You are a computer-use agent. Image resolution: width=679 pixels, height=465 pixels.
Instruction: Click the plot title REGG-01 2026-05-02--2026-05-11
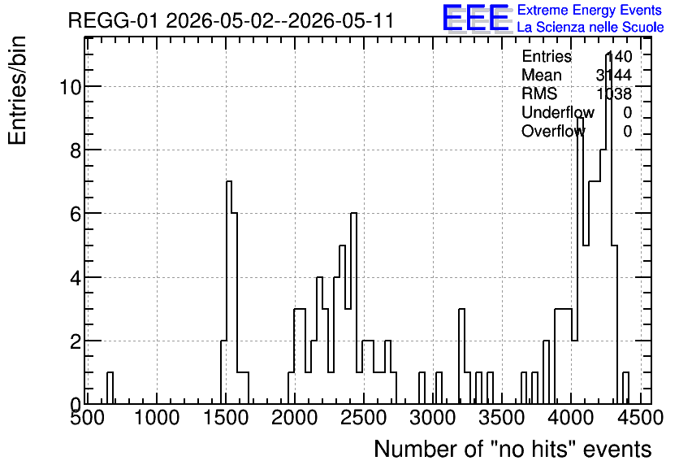pyautogui.click(x=231, y=20)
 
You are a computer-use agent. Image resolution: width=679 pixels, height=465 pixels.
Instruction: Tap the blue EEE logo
pyautogui.click(x=476, y=18)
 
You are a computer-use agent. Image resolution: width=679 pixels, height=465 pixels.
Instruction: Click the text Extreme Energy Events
pyautogui.click(x=590, y=10)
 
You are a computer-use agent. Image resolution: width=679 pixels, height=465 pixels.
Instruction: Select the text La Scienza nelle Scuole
pyautogui.click(x=590, y=28)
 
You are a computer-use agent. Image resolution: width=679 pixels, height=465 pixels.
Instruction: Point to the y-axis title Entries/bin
pyautogui.click(x=17, y=90)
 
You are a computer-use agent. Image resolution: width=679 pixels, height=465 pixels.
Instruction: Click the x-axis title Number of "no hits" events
pyautogui.click(x=512, y=449)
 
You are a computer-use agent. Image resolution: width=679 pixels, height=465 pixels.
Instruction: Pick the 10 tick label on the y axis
pyautogui.click(x=70, y=87)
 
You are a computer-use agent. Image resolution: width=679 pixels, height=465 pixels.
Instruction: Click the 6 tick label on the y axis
pyautogui.click(x=76, y=214)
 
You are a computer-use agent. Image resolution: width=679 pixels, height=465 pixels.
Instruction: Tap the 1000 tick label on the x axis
pyautogui.click(x=156, y=418)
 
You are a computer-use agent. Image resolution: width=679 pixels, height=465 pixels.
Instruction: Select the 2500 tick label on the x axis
pyautogui.click(x=363, y=418)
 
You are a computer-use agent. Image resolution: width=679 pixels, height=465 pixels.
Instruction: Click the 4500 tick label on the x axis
pyautogui.click(x=640, y=418)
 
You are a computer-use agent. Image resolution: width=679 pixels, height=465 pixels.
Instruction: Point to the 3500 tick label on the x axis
pyautogui.click(x=501, y=418)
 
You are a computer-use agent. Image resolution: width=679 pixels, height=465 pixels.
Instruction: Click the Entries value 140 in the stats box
pyautogui.click(x=618, y=56)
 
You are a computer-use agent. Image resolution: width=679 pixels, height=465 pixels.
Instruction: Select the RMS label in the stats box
pyautogui.click(x=539, y=93)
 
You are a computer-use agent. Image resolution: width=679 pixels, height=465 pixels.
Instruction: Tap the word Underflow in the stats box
pyautogui.click(x=558, y=112)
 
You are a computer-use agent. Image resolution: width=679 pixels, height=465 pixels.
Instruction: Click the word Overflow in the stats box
pyautogui.click(x=553, y=131)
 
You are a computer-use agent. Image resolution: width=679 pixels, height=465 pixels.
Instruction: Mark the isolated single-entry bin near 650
pyautogui.click(x=110, y=388)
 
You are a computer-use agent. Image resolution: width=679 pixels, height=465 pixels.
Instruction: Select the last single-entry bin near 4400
pyautogui.click(x=625, y=388)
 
